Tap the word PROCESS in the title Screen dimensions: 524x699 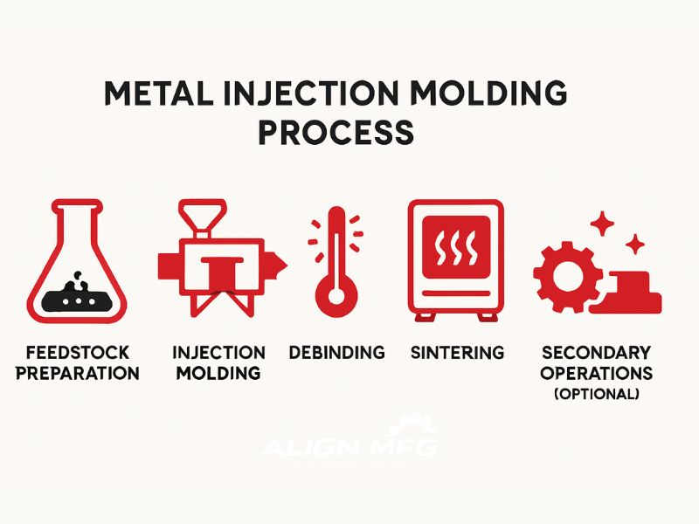336,133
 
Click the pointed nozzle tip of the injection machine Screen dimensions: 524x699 280,263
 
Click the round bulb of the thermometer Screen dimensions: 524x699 331,296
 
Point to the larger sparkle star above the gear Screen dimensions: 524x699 601,224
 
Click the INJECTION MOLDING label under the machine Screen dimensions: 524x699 218,363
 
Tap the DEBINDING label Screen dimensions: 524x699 337,353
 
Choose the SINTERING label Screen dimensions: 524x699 457,353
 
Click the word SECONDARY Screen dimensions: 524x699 596,353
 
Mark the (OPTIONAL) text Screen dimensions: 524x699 596,394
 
